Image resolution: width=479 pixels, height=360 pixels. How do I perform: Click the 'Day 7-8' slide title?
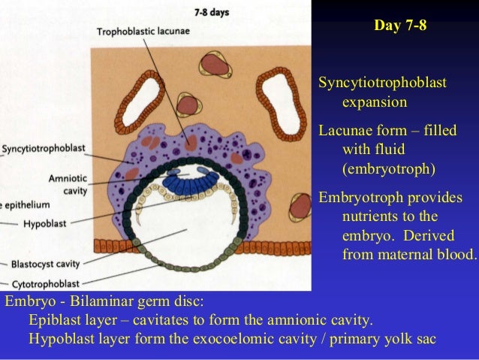(400, 26)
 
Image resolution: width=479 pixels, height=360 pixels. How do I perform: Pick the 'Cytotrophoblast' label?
(50, 284)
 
